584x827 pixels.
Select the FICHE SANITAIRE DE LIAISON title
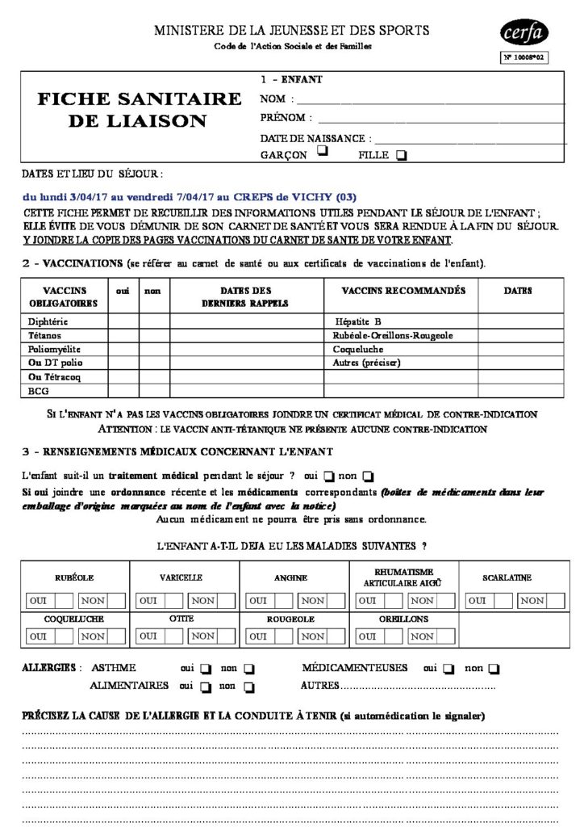140,110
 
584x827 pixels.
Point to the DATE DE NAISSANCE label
315,138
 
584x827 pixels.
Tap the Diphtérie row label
51,321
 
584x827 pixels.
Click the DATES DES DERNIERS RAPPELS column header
244,296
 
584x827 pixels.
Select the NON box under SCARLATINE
532,600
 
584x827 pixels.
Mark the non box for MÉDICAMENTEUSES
494,669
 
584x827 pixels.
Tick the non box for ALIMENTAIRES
248,687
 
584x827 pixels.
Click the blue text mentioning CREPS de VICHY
189,197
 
